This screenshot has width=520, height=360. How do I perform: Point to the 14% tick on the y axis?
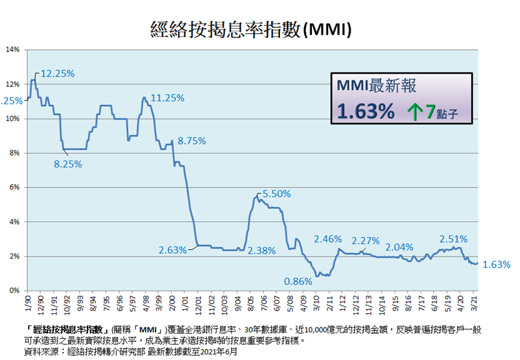tap(13, 49)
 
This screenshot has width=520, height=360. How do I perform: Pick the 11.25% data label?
tap(167, 97)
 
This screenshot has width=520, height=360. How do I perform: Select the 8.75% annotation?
tap(192, 141)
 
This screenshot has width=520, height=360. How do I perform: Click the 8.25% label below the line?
tap(68, 164)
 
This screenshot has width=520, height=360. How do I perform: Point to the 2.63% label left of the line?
tap(172, 250)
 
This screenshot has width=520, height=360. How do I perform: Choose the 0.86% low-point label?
tap(297, 281)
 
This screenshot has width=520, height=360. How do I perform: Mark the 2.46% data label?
tap(327, 238)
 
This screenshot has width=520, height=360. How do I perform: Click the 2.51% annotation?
tap(454, 238)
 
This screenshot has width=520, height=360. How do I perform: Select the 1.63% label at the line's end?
tap(497, 264)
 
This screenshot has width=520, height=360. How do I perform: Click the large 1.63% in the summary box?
tap(366, 111)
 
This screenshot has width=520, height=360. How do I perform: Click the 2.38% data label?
tap(261, 250)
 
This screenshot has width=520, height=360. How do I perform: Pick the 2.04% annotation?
tap(400, 246)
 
